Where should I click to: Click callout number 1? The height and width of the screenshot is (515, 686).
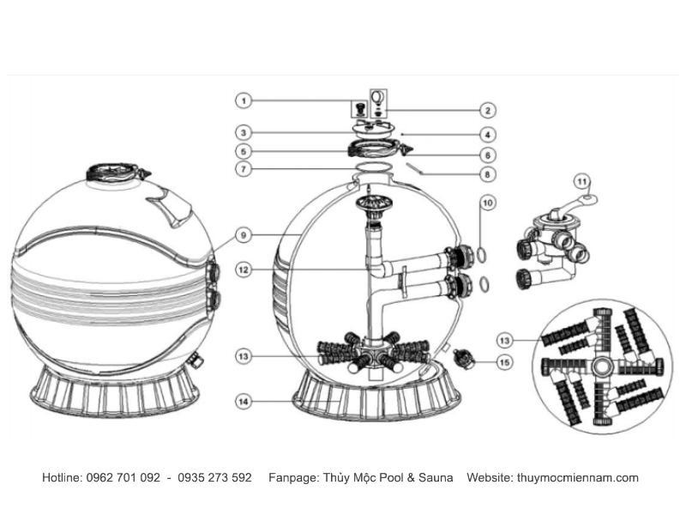tap(244, 100)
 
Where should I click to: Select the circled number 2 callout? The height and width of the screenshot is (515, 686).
tap(487, 111)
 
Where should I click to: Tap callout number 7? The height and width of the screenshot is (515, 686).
tap(244, 169)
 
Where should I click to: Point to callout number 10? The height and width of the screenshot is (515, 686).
tap(487, 203)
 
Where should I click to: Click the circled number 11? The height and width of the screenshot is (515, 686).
tap(582, 181)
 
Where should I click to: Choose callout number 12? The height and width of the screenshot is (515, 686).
tap(244, 270)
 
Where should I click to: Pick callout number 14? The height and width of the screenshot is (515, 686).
tap(244, 401)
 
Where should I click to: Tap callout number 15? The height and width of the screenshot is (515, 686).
tap(504, 362)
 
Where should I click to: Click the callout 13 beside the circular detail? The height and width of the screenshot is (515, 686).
tap(504, 340)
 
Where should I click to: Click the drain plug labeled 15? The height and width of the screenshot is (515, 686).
tap(463, 358)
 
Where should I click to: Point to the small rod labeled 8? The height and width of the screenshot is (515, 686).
tap(414, 168)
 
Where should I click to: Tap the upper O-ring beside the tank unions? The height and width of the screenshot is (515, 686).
tap(480, 255)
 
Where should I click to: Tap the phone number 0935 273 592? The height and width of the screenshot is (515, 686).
tap(214, 477)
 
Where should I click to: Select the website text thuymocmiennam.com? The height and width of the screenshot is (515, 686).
tap(577, 478)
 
